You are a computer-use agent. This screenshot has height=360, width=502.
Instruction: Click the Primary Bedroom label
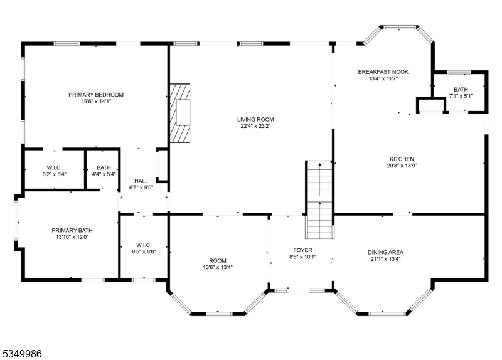tap(96, 95)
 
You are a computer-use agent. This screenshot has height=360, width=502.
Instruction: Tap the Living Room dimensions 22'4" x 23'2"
tap(256, 126)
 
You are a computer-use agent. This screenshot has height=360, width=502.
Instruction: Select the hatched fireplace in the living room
tap(179, 113)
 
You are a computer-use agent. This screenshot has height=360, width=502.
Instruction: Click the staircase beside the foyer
tap(319, 199)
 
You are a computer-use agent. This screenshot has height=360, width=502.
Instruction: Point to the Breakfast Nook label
tap(383, 72)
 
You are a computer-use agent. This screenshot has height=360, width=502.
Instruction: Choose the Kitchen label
tap(402, 159)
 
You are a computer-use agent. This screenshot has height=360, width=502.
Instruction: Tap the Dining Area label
tap(385, 253)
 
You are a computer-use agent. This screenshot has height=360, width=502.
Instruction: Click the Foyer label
tap(302, 250)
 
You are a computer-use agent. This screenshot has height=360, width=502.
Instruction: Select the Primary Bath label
tap(72, 230)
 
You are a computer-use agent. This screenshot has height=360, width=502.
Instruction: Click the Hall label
tap(141, 181)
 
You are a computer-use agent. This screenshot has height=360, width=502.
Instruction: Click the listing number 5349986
tap(23, 354)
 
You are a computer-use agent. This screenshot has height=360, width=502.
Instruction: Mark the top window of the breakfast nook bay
tap(399, 27)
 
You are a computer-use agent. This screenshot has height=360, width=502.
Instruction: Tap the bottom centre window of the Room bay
tap(219, 314)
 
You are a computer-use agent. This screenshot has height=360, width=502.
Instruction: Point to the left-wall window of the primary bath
tap(16, 220)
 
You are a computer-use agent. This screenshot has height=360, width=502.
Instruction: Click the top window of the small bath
tap(459, 72)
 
